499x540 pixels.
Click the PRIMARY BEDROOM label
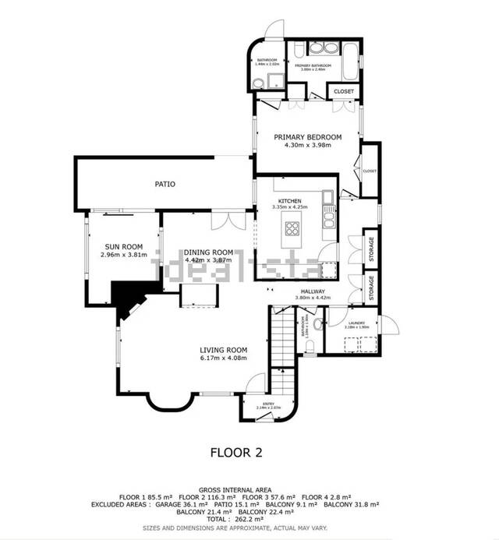pos(307,137)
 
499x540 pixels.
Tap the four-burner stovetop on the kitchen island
pos(294,228)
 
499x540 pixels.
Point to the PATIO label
pos(164,185)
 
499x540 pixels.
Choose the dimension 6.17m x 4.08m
pos(223,358)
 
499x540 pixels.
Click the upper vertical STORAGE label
pos(371,249)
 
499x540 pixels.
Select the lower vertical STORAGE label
pos(371,288)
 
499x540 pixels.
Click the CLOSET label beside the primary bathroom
pos(343,91)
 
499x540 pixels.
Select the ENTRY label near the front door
pos(268,404)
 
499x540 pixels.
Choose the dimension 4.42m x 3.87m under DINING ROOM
pos(208,259)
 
